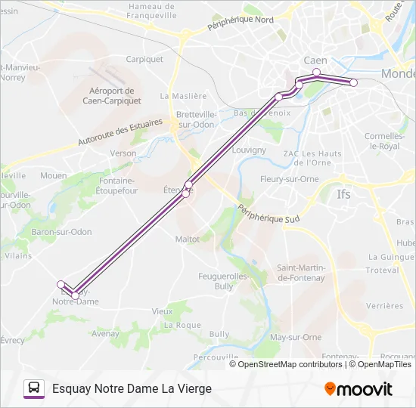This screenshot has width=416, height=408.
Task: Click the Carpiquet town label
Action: click(x=144, y=59)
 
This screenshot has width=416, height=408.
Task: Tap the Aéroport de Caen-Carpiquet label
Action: click(x=106, y=94)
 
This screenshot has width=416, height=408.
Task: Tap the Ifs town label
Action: click(x=344, y=194)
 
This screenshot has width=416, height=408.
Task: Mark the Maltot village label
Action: click(x=187, y=239)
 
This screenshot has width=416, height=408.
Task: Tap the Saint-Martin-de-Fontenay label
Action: click(x=301, y=273)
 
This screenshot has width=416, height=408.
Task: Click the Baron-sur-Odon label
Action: click(x=61, y=231)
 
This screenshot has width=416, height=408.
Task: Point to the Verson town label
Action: click(x=123, y=153)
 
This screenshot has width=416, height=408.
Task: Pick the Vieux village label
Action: click(x=162, y=311)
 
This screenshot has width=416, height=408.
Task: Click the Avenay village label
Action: click(x=105, y=332)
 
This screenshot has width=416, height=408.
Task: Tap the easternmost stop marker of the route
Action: click(x=353, y=82)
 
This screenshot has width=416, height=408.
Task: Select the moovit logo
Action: click(x=359, y=389)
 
